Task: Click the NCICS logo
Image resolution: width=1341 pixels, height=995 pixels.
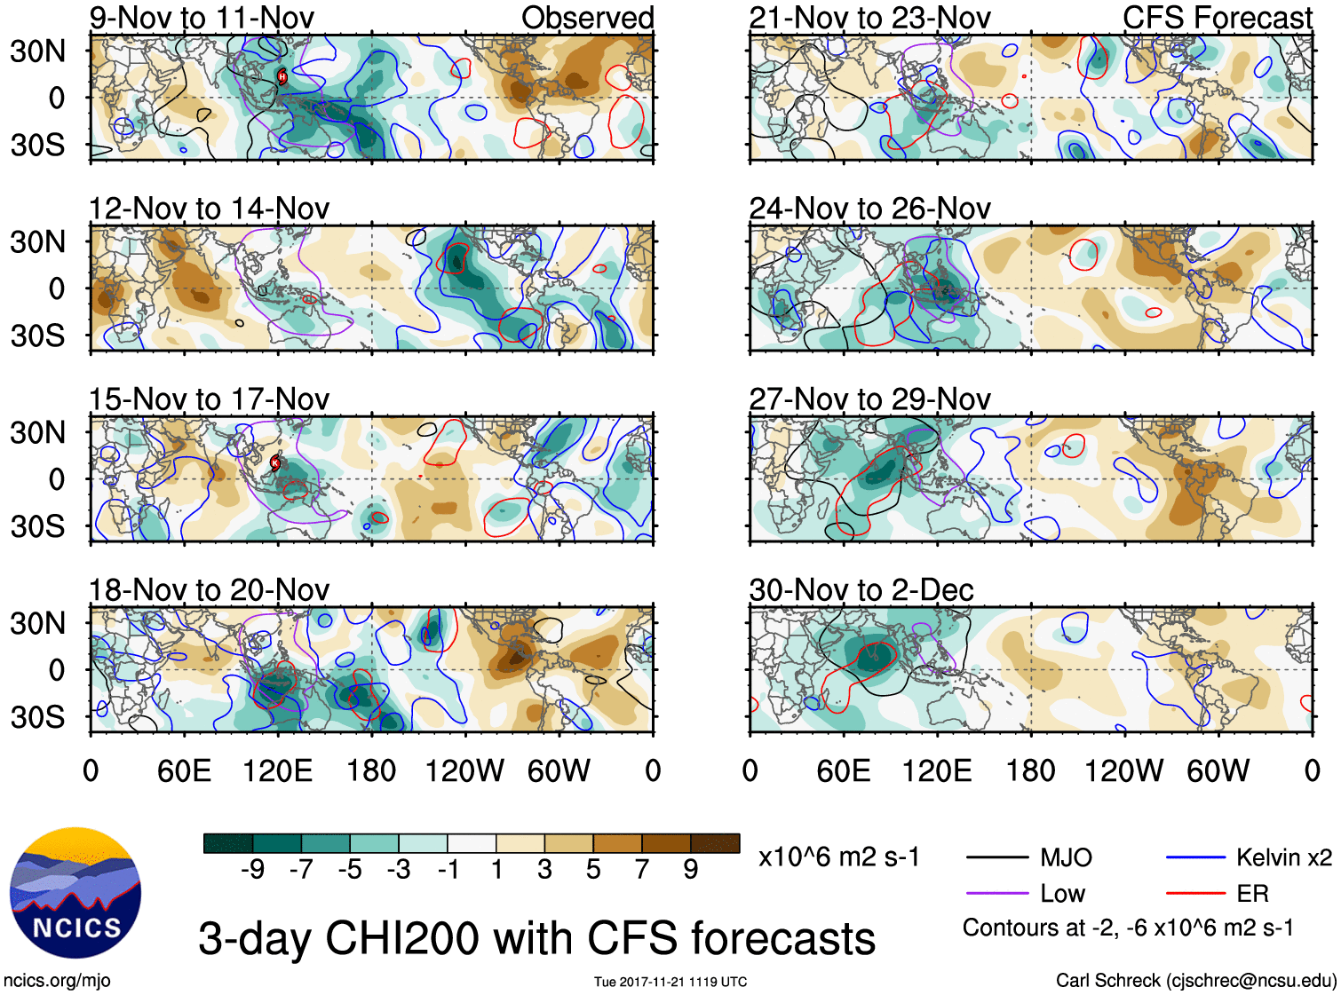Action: pyautogui.click(x=75, y=892)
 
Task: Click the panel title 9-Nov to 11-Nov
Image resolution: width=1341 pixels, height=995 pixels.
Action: pyautogui.click(x=202, y=18)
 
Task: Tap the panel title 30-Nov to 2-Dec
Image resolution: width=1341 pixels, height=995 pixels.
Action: pyautogui.click(x=861, y=590)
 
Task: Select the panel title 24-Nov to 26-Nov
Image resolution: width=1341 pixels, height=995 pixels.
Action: pyautogui.click(x=869, y=209)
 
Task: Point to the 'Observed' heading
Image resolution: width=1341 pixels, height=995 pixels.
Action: pyautogui.click(x=587, y=18)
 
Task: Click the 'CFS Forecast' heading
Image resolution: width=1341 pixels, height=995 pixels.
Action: pyautogui.click(x=1217, y=18)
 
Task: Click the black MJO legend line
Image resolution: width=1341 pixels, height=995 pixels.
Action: pyautogui.click(x=997, y=857)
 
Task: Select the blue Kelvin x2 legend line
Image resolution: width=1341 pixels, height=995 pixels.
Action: pyautogui.click(x=1195, y=857)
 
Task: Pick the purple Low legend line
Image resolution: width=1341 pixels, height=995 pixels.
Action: pyautogui.click(x=997, y=894)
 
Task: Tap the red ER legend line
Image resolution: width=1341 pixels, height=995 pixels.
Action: pyautogui.click(x=1195, y=894)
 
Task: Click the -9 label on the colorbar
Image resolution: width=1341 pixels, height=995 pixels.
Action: pyautogui.click(x=252, y=870)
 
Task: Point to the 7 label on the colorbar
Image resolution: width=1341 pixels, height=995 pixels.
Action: pyautogui.click(x=642, y=870)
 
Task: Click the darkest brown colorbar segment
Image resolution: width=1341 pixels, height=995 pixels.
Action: pyautogui.click(x=715, y=843)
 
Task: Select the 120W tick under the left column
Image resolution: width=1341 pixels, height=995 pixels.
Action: pyautogui.click(x=464, y=770)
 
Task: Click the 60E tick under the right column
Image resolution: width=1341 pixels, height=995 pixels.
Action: pyautogui.click(x=843, y=770)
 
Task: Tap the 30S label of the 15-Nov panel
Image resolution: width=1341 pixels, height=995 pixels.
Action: pyautogui.click(x=38, y=526)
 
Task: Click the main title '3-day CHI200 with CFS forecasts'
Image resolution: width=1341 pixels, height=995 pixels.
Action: pyautogui.click(x=536, y=938)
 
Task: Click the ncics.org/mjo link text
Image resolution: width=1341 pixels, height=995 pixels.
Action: pyautogui.click(x=57, y=981)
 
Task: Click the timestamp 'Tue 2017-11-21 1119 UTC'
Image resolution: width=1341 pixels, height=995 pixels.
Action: pyautogui.click(x=670, y=982)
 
